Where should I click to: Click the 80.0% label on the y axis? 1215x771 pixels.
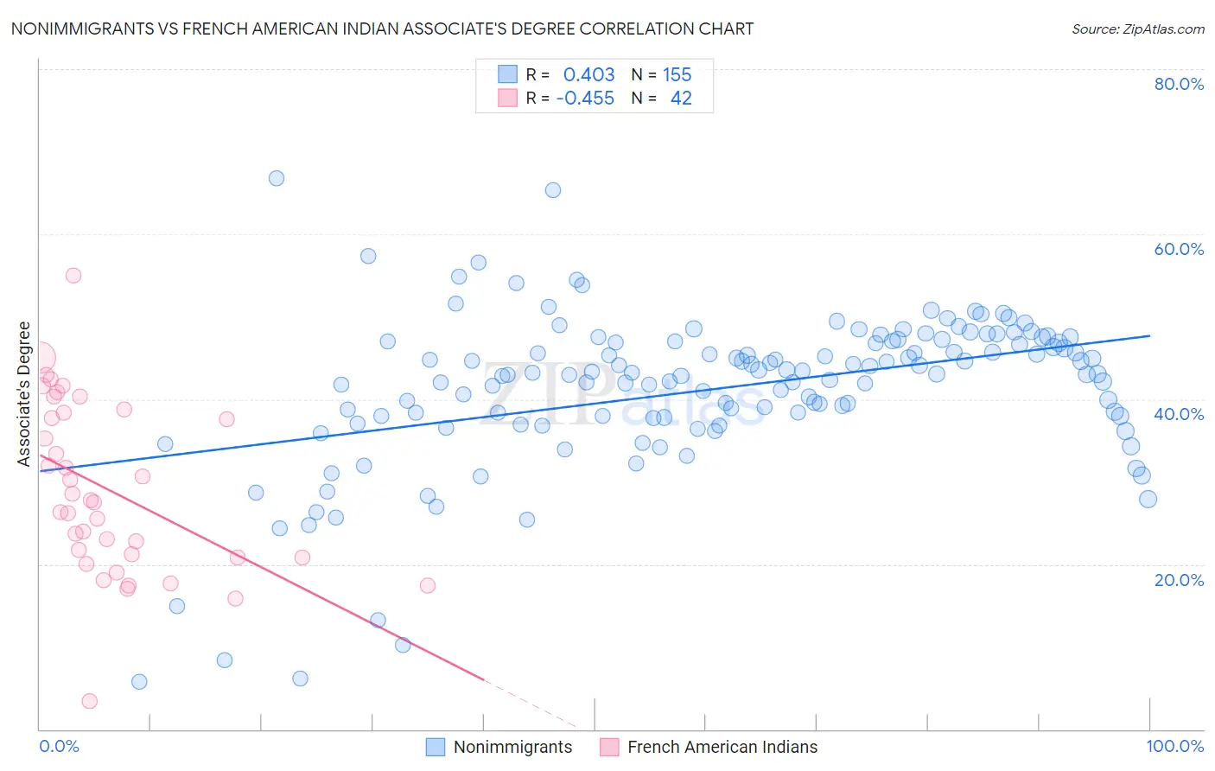pos(1179,84)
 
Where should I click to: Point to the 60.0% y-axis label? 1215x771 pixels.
pos(1179,249)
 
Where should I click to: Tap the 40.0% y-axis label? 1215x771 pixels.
pos(1179,414)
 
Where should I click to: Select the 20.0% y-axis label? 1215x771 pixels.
pos(1179,579)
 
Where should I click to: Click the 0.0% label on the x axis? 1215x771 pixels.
pos(59,746)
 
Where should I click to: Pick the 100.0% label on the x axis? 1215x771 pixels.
pos(1174,746)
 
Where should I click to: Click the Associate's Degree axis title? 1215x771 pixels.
pos(24,393)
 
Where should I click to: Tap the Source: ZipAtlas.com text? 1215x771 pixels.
pos(1137,29)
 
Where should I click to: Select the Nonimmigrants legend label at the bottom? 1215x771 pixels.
pos(512,747)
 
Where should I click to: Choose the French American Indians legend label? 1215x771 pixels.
pos(722,747)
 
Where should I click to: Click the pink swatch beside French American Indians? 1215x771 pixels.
pos(609,747)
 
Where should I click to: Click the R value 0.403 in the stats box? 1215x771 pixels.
pos(588,74)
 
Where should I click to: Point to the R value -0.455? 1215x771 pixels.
pos(585,98)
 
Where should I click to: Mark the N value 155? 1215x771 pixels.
pos(677,74)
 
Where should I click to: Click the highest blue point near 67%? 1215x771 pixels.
pos(277,178)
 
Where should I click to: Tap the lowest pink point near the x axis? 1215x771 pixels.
pos(89,701)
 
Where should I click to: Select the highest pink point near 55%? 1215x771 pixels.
pos(73,275)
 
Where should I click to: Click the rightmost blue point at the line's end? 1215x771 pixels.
pos(1148,499)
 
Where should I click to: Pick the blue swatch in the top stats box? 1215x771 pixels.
pos(507,74)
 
